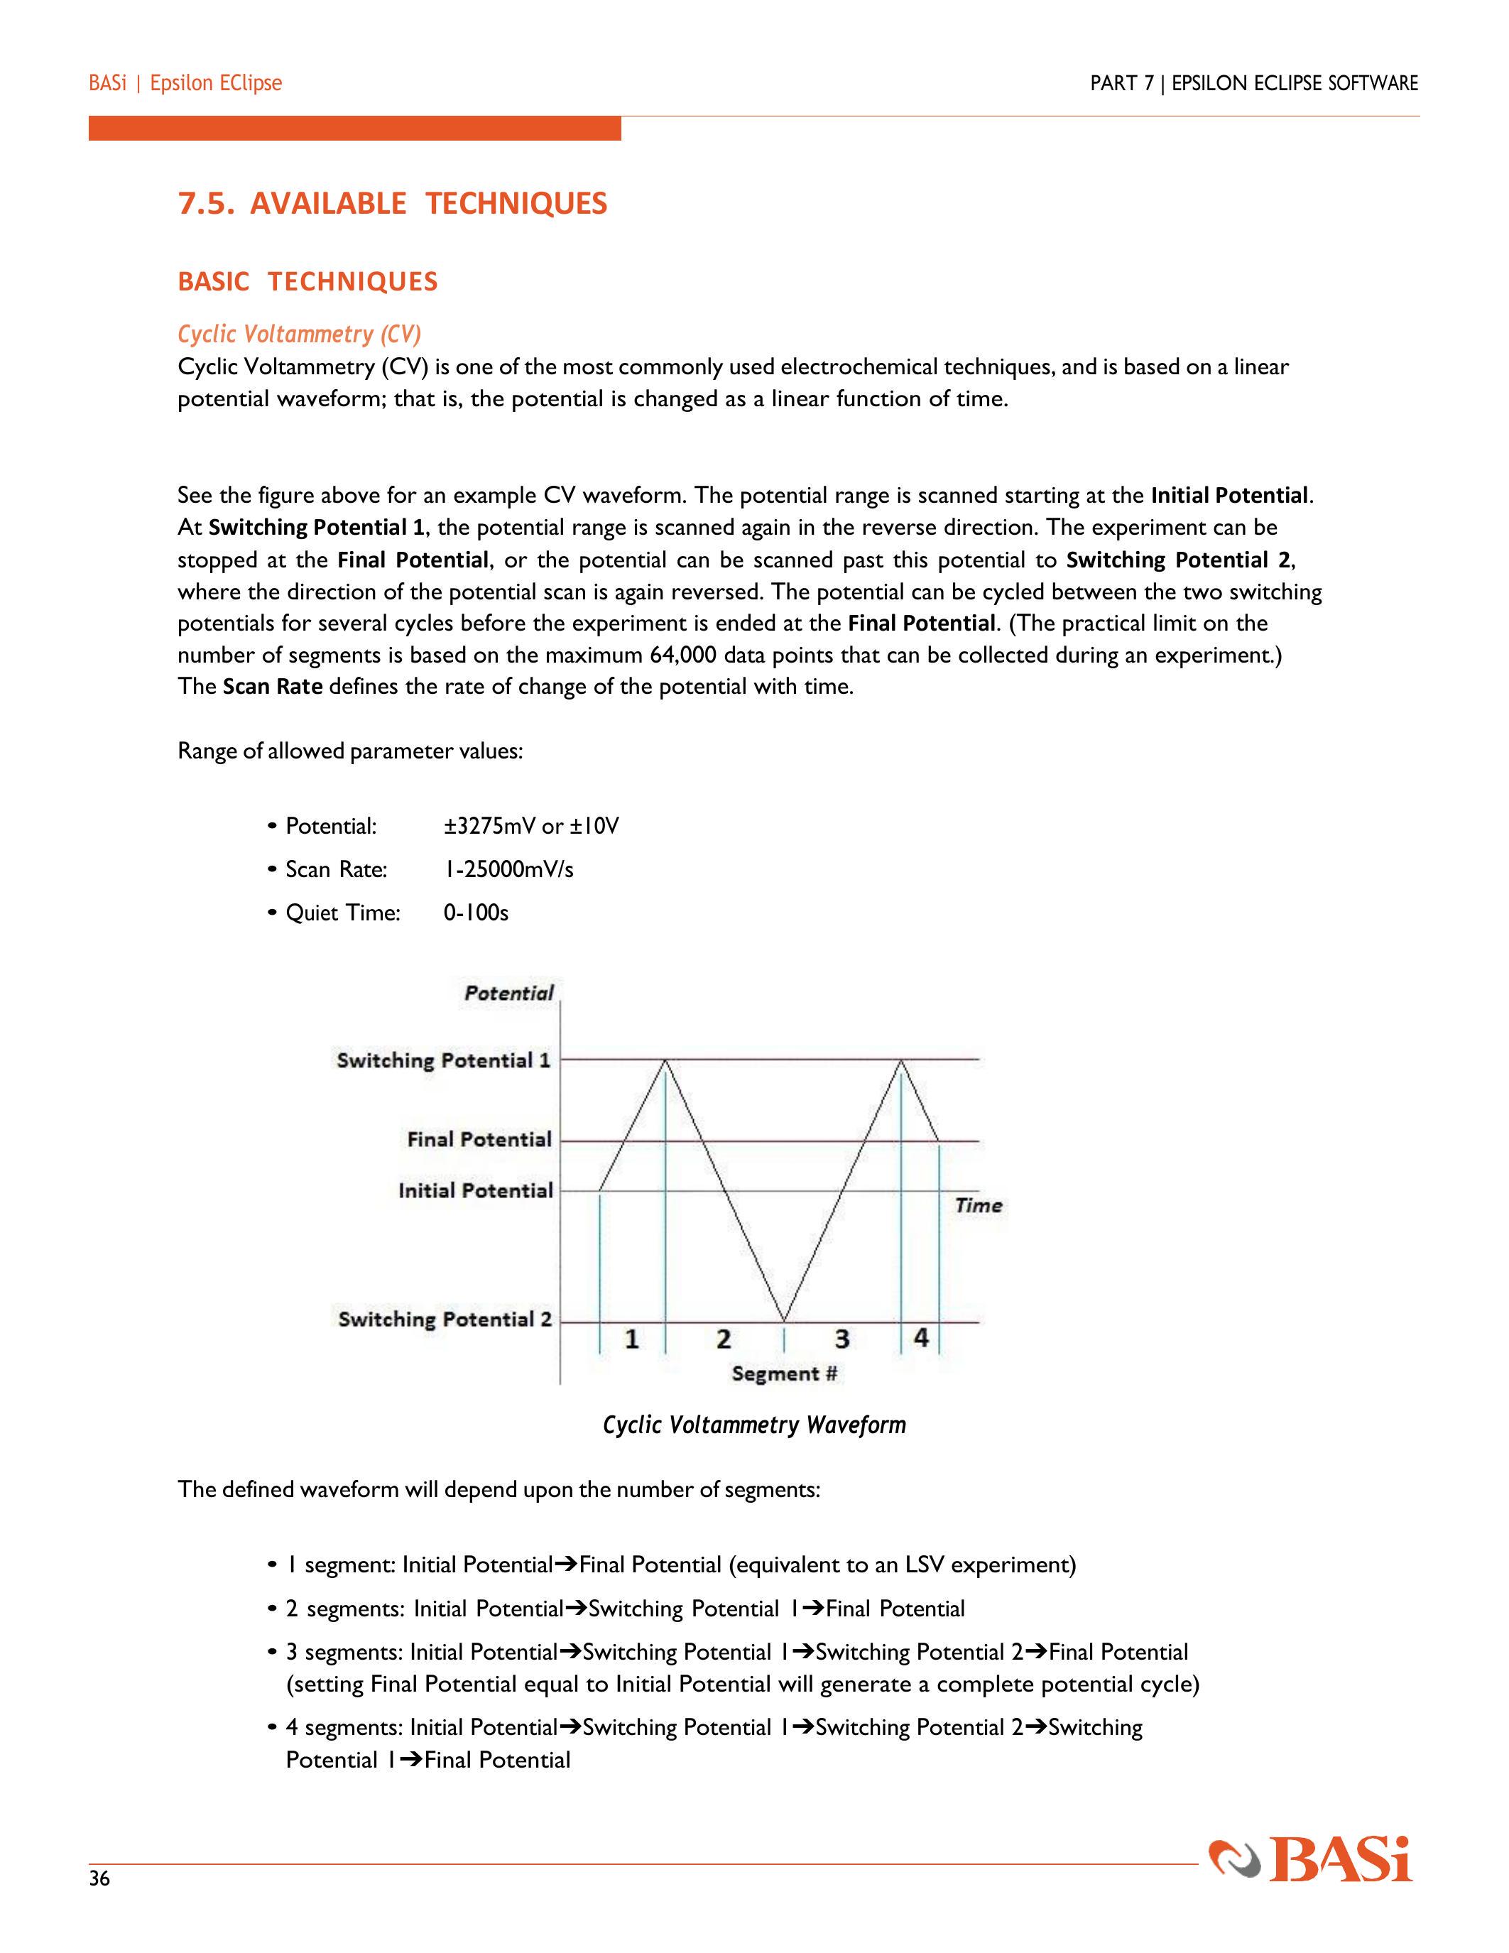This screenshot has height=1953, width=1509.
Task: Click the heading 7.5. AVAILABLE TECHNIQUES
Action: [x=393, y=204]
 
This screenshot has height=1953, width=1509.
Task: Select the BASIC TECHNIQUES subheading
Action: [x=307, y=282]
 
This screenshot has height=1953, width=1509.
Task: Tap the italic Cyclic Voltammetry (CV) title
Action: [x=298, y=334]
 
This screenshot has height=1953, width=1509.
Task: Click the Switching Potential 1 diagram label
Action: [x=443, y=1060]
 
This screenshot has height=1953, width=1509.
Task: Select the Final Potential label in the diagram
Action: [x=479, y=1139]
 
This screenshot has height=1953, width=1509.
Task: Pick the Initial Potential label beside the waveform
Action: [x=476, y=1190]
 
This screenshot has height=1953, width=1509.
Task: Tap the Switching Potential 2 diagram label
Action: [x=445, y=1319]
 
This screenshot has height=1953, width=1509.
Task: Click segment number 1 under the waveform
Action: [x=632, y=1339]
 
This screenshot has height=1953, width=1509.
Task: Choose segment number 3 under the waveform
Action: [x=841, y=1339]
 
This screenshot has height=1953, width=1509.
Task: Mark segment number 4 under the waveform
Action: [x=921, y=1338]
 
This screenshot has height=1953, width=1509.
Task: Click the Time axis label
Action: [x=978, y=1205]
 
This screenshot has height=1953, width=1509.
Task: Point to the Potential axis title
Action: [x=508, y=993]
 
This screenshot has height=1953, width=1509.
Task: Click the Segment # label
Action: [x=784, y=1373]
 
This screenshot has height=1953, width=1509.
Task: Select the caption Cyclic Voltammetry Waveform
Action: [x=753, y=1425]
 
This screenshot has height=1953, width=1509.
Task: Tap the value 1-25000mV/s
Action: [x=508, y=869]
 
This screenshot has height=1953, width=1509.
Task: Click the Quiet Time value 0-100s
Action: [x=476, y=913]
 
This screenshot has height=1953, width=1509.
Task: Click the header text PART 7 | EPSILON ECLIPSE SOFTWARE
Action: [x=1253, y=83]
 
